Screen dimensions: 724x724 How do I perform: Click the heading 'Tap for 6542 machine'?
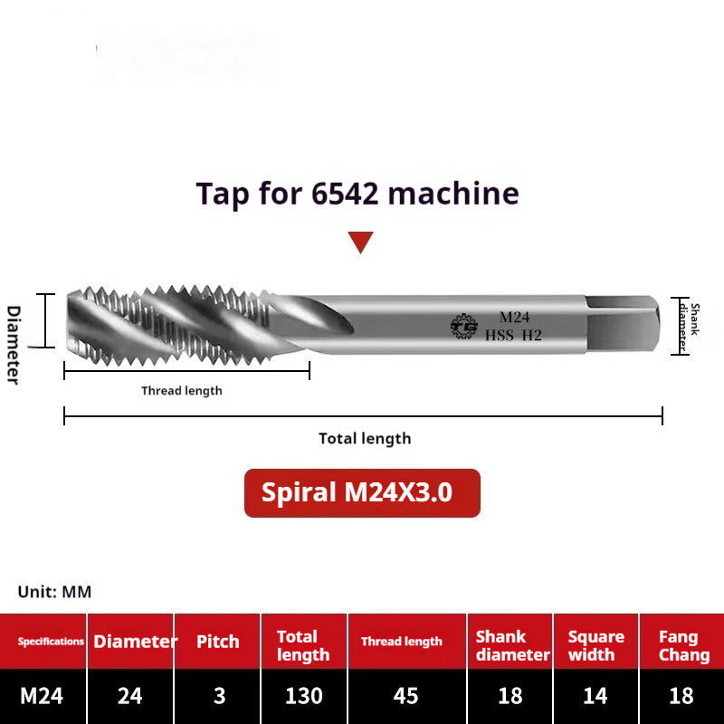[357, 194]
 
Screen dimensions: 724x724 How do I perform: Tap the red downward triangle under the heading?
[361, 242]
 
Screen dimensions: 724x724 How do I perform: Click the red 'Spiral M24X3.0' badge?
[362, 493]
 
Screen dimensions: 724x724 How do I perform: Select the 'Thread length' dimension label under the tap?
[181, 391]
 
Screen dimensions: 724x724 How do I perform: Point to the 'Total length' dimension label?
[365, 439]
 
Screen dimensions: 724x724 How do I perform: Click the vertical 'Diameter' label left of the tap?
[14, 344]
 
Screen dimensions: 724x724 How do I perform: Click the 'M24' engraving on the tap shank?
[515, 317]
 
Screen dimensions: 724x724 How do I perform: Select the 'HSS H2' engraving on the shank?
[513, 335]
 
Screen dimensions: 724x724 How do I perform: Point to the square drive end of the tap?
[624, 324]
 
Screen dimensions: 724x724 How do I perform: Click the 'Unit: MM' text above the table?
[54, 593]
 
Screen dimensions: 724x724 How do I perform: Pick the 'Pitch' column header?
[218, 642]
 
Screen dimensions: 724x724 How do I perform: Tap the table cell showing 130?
[304, 696]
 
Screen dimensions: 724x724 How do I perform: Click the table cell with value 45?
[406, 696]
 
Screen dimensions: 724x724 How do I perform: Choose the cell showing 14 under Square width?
[595, 696]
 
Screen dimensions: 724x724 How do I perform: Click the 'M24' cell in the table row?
[43, 696]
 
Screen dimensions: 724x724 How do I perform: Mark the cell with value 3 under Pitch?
[218, 696]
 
